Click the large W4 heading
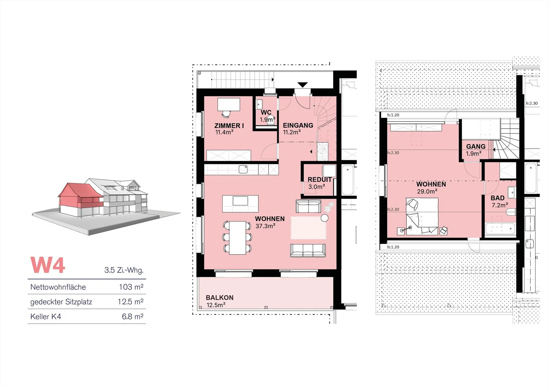[x=48, y=265]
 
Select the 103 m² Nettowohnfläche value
[x=131, y=287]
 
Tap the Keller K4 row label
[x=46, y=316]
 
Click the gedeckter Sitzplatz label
[x=61, y=302]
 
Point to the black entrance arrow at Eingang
[x=302, y=85]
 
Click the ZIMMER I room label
[x=229, y=126]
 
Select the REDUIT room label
[x=319, y=179]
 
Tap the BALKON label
[x=220, y=297]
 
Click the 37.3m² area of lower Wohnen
[x=265, y=226]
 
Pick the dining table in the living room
[x=237, y=238]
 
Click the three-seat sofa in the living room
[x=308, y=250]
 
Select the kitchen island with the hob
[x=240, y=204]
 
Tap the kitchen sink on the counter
[x=243, y=169]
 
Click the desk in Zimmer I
[x=229, y=104]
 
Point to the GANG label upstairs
[x=476, y=146]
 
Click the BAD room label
[x=498, y=198]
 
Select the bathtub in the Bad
[x=500, y=229]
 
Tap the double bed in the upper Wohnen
[x=422, y=216]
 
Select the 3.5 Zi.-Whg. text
[x=124, y=270]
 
